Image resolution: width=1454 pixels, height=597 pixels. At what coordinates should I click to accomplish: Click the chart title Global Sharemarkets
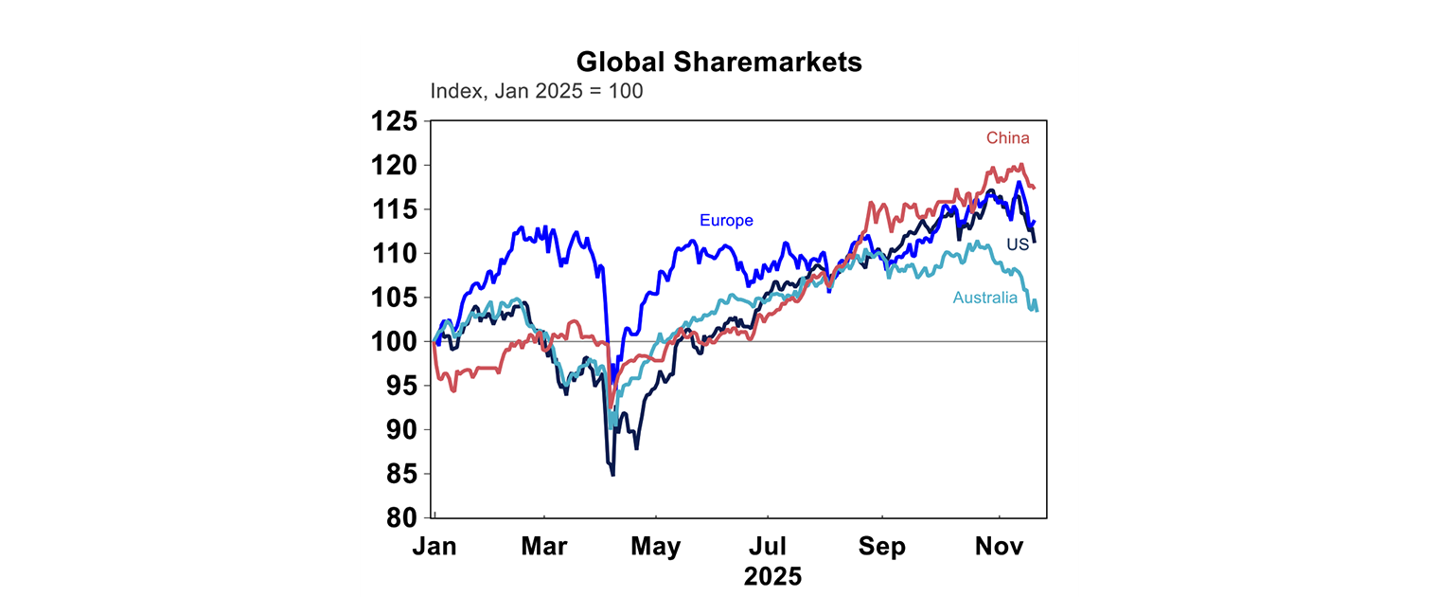(x=719, y=63)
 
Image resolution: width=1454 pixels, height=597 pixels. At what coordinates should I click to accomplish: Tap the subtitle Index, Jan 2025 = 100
(x=537, y=92)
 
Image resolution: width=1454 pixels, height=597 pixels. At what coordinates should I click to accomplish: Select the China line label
(x=1007, y=138)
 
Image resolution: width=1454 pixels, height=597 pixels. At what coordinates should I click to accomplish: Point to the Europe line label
(x=726, y=221)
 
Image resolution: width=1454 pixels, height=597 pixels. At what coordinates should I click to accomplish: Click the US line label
(x=1018, y=244)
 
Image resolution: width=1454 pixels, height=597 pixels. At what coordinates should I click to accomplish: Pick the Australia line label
(x=984, y=298)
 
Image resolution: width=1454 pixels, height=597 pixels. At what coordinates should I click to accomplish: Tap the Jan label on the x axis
(x=436, y=548)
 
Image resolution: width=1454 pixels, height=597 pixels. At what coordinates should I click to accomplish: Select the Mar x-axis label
(x=544, y=548)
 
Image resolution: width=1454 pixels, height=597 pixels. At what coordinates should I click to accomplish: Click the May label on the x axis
(x=655, y=548)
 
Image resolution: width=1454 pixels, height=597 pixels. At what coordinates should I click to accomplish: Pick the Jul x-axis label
(x=768, y=548)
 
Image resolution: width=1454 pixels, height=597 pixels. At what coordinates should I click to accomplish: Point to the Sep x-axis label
(x=882, y=548)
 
